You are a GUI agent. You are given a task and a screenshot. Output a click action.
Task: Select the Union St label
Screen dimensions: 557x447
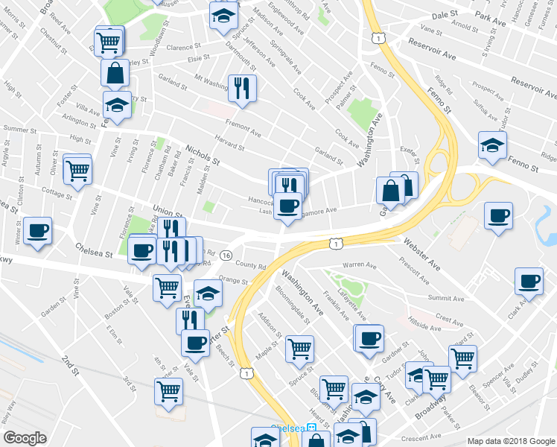pyautogui.click(x=167, y=212)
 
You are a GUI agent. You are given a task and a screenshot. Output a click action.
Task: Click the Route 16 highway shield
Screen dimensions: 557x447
pyautogui.click(x=225, y=256)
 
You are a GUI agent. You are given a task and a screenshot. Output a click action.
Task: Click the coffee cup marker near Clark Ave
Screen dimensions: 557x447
pyautogui.click(x=529, y=282)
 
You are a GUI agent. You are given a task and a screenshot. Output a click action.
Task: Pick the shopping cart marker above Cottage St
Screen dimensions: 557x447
pyautogui.click(x=77, y=170)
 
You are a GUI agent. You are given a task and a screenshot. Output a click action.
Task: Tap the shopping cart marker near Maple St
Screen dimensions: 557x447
pyautogui.click(x=299, y=348)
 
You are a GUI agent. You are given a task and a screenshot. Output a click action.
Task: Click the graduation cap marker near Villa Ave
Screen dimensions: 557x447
pyautogui.click(x=117, y=105)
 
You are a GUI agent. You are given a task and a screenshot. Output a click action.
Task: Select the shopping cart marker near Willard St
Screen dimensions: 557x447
pyautogui.click(x=462, y=358)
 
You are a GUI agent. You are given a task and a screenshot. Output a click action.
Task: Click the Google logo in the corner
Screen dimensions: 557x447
pyautogui.click(x=25, y=438)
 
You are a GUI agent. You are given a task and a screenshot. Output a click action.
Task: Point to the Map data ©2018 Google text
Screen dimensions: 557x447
pyautogui.click(x=512, y=441)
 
